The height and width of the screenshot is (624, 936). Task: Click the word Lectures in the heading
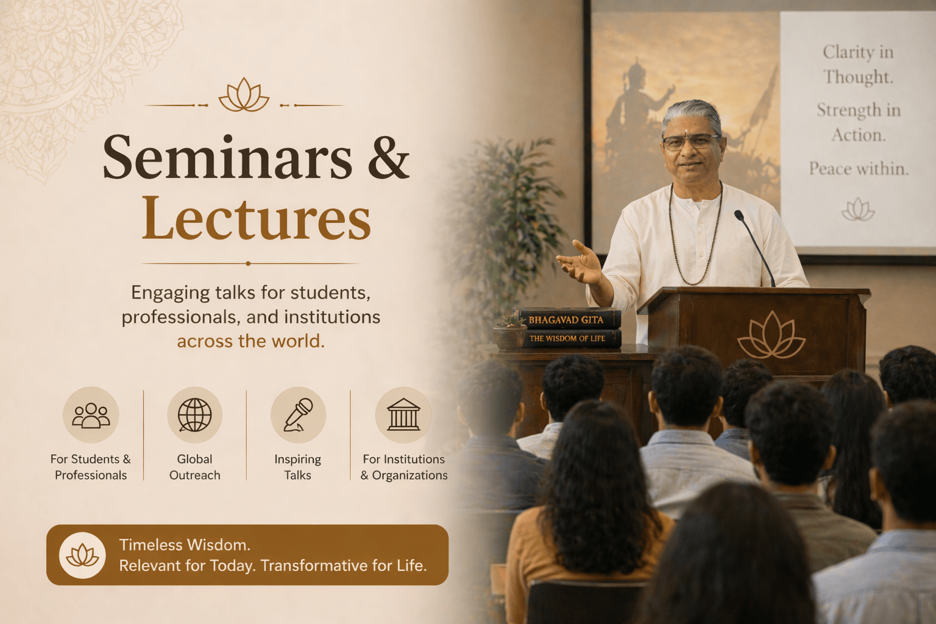(256, 218)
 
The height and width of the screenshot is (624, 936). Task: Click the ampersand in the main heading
(388, 157)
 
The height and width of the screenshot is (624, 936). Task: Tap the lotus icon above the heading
(244, 95)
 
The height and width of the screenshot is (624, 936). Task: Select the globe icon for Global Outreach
(195, 414)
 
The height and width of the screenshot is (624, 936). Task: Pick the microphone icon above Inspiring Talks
(299, 414)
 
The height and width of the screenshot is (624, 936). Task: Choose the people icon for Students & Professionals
(91, 416)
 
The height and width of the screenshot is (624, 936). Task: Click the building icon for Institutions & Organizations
(403, 414)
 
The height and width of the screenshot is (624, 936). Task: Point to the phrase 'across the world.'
(250, 341)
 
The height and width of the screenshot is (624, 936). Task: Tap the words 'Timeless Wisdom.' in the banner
(185, 545)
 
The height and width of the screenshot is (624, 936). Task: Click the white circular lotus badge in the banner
(82, 556)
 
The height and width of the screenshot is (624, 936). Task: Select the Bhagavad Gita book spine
(569, 319)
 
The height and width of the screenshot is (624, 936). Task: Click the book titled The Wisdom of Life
(571, 338)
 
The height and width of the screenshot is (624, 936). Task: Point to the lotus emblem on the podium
(771, 335)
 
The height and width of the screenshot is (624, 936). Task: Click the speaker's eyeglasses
(690, 143)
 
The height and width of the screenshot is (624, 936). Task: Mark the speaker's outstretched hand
(581, 263)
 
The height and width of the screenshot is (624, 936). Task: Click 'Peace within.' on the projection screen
(859, 168)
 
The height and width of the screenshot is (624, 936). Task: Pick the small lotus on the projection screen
(858, 210)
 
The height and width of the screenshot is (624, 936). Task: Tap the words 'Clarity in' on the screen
(858, 52)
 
